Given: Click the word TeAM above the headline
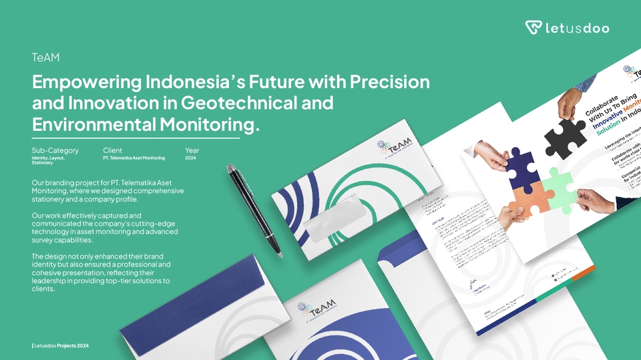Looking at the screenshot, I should point(46,58).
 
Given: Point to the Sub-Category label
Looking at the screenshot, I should point(55,150).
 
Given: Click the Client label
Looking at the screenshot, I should point(112,150).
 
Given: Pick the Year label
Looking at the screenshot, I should point(192,150).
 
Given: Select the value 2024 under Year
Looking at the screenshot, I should point(190,158).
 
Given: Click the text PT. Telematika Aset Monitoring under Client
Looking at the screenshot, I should point(134,158).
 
